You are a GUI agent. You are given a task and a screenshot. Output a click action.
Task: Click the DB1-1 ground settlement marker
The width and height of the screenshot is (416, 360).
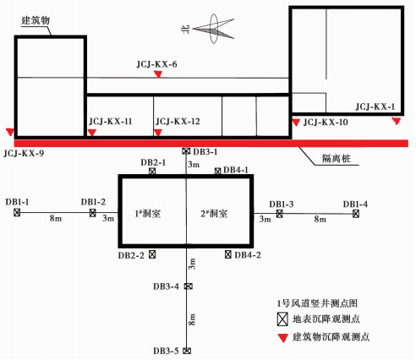(17, 212)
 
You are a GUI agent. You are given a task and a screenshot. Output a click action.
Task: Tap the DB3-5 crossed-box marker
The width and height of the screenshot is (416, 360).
(187, 351)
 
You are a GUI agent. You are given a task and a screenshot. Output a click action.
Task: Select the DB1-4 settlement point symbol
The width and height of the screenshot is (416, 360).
(356, 214)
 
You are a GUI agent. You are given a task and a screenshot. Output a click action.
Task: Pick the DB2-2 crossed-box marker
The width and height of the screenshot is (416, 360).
(152, 254)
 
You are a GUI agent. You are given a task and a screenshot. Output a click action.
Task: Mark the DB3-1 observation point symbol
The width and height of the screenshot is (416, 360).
(186, 151)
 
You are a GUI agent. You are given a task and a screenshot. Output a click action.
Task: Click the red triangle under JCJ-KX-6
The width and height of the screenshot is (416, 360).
(158, 74)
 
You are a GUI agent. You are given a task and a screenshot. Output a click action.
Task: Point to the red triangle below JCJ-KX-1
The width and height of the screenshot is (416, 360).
(397, 122)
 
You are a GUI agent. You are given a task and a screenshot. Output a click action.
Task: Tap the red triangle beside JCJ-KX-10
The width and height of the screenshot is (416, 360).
(296, 123)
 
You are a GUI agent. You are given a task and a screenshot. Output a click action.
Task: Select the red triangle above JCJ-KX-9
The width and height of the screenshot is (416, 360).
(10, 132)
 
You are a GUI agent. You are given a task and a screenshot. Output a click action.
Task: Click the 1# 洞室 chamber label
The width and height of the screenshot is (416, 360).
(148, 214)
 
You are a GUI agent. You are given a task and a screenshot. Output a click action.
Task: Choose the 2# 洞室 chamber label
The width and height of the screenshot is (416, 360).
(214, 214)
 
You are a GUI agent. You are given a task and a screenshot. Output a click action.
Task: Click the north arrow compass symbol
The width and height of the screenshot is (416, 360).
(213, 29)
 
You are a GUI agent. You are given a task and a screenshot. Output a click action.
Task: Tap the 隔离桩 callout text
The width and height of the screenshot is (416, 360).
(337, 159)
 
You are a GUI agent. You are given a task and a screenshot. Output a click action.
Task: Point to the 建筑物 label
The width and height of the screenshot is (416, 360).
(36, 20)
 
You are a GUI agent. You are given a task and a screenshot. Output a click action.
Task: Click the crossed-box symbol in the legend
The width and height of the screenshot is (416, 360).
(282, 319)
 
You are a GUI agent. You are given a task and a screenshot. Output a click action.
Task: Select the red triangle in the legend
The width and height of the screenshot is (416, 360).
(282, 338)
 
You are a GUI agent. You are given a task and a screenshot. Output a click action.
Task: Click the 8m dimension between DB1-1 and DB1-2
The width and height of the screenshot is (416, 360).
(56, 218)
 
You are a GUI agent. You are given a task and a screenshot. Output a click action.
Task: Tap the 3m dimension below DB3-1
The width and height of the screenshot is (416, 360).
(194, 164)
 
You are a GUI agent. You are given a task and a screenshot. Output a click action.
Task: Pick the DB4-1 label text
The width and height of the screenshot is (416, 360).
(236, 170)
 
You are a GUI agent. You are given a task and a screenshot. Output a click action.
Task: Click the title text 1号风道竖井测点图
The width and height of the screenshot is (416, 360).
(317, 303)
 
